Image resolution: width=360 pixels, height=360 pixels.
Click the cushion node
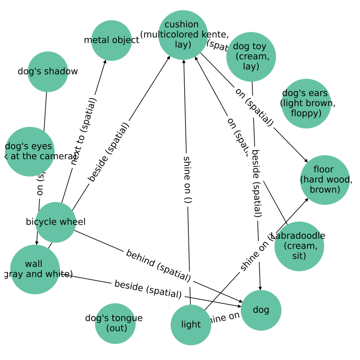(183, 35)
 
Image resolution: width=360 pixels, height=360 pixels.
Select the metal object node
(112, 40)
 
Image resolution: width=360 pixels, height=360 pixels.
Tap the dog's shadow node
(48, 72)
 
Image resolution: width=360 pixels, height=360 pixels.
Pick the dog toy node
(251, 57)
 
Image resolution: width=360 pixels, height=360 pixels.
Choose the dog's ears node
(306, 103)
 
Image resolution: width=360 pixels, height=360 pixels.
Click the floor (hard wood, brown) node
(325, 180)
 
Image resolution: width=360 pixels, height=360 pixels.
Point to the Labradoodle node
(299, 246)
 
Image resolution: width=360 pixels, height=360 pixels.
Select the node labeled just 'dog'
(261, 310)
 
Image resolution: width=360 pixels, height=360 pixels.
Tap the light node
(191, 325)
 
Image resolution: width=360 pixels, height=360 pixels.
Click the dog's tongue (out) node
(115, 323)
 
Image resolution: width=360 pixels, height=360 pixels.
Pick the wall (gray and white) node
(35, 269)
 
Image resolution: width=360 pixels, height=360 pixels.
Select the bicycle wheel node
(56, 222)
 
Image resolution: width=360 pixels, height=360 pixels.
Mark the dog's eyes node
(30, 152)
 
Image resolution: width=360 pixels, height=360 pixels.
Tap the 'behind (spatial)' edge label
(158, 266)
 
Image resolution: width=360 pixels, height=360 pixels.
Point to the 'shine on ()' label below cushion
(187, 179)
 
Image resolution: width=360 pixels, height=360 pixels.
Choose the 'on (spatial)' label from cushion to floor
(254, 107)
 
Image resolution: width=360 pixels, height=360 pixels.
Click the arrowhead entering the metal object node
(105, 61)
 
